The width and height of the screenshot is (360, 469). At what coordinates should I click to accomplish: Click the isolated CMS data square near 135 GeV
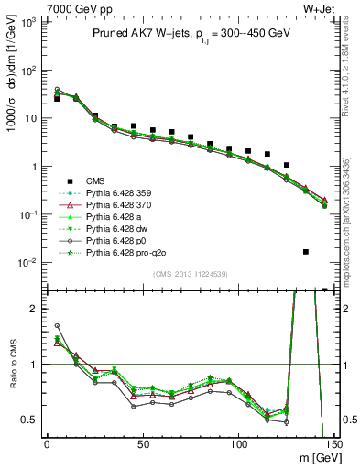click(x=305, y=251)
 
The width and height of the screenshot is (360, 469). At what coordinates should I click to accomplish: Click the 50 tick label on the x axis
click(x=142, y=444)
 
